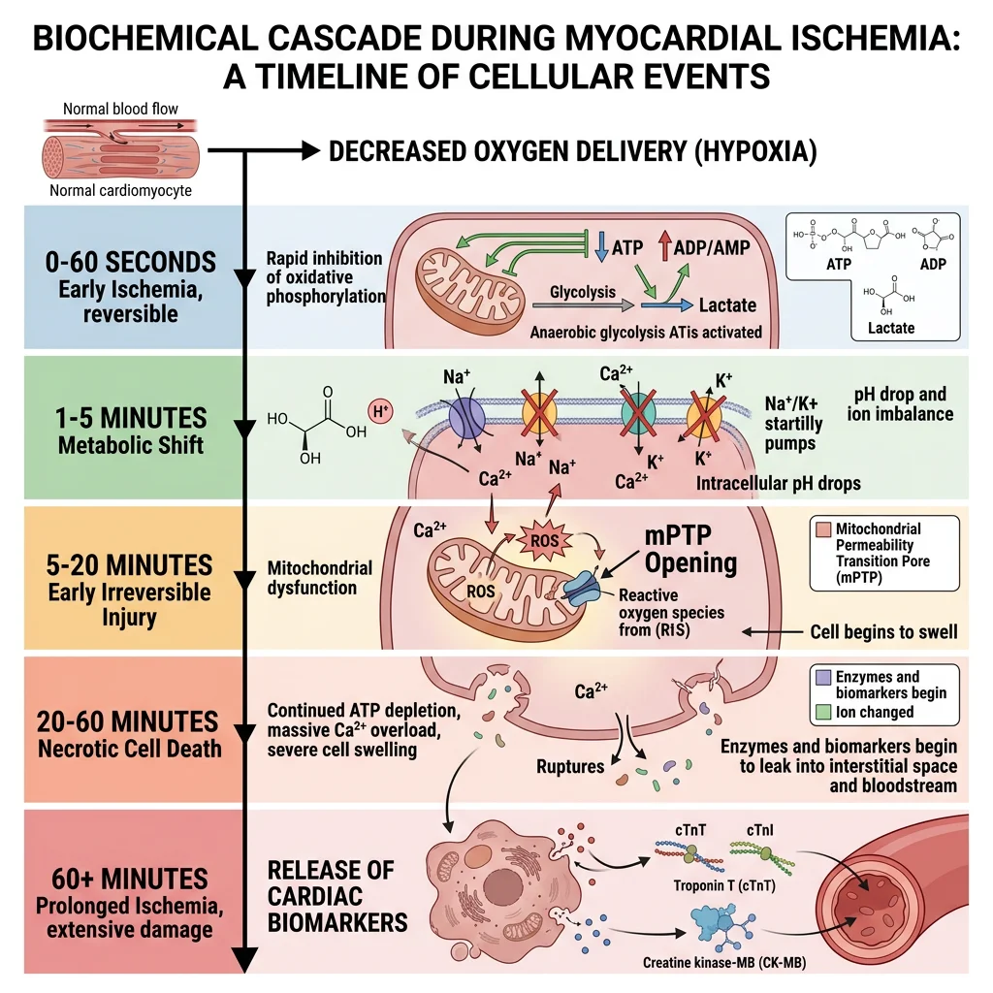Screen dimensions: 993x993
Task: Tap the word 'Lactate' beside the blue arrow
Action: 727,304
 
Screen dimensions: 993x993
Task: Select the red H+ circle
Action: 381,411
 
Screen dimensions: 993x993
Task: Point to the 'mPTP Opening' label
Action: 691,550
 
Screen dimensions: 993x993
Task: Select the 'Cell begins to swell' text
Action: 883,632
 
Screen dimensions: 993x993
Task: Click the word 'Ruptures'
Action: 570,766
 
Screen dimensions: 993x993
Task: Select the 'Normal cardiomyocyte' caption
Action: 120,190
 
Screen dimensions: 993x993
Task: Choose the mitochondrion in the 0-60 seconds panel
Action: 468,276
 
